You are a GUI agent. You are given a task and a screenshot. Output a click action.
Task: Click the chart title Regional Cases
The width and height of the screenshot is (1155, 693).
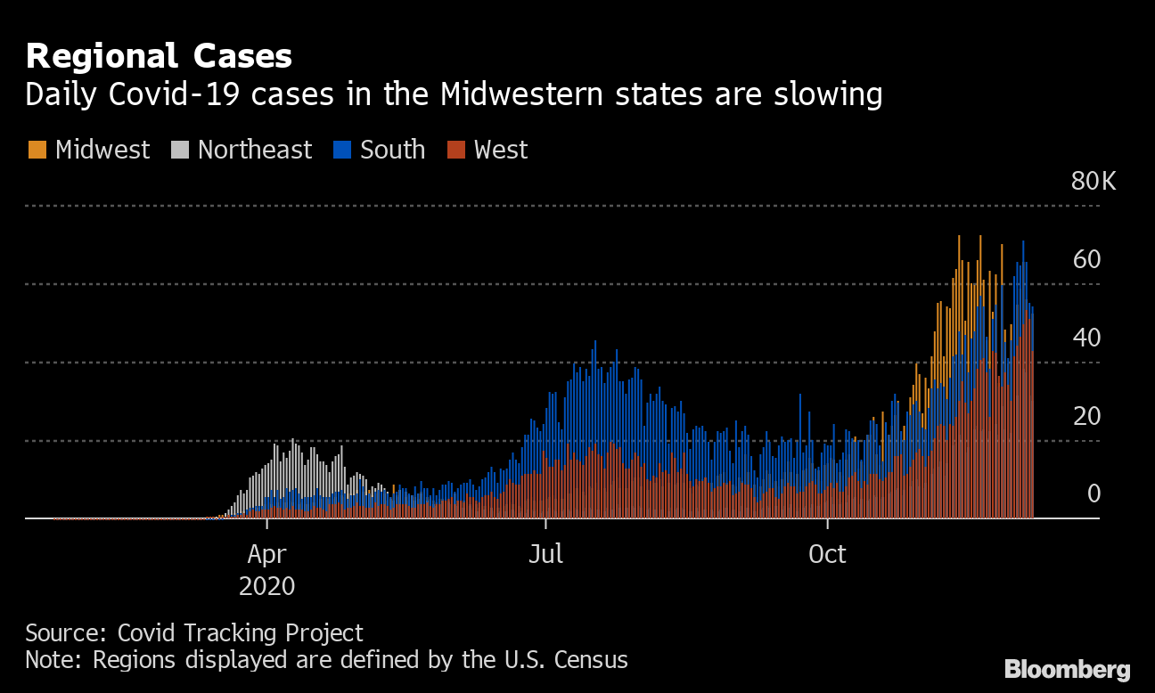point(159,57)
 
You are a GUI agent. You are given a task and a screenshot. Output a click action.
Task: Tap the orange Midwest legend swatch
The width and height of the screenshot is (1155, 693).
point(37,150)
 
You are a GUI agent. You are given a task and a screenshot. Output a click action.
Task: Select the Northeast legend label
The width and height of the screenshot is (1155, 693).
point(255,150)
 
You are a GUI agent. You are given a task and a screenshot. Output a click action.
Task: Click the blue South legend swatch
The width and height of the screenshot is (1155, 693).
point(342,150)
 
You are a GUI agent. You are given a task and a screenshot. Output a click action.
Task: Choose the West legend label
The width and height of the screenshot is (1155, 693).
point(501,150)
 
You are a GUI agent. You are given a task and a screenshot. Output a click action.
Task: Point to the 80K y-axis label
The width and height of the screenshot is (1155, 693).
point(1093,182)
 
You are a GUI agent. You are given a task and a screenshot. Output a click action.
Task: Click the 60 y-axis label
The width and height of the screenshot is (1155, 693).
point(1087,260)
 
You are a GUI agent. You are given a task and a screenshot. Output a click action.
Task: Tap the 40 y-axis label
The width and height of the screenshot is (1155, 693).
point(1087,338)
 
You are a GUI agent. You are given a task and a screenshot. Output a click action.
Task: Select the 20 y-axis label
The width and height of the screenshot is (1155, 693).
point(1087,416)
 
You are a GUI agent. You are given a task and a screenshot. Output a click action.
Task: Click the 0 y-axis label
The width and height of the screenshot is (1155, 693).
point(1094,494)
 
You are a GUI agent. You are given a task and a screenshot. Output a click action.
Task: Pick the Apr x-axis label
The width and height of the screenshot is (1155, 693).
point(266,555)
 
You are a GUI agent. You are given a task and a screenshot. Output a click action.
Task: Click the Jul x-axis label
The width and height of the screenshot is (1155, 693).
point(545,555)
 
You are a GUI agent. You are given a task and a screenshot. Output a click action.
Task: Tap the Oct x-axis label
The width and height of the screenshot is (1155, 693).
point(826,555)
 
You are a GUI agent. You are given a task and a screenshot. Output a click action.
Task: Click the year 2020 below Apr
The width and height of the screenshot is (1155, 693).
point(266,587)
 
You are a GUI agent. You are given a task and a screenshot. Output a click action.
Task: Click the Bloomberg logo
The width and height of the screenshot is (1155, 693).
point(1067,669)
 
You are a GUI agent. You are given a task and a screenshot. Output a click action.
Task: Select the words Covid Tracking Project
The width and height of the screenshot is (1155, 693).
point(241,633)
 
